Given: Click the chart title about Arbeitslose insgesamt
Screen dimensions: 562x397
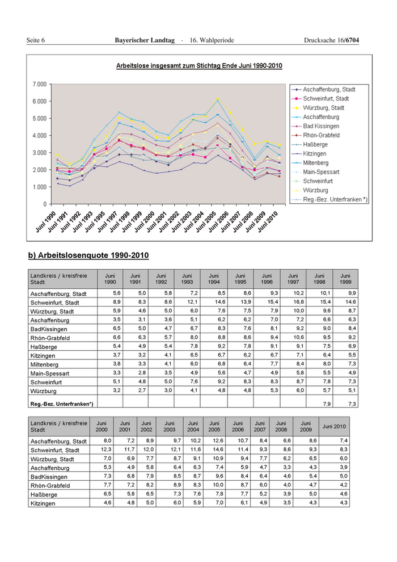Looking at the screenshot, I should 199,66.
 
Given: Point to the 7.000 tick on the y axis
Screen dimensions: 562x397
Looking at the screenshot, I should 39,84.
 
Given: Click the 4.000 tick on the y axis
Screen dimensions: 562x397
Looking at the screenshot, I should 39,135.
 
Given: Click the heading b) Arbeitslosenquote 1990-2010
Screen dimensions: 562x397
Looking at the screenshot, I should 88,255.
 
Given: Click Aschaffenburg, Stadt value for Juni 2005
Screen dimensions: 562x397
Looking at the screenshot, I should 216,441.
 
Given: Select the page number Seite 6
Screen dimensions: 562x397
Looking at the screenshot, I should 36,41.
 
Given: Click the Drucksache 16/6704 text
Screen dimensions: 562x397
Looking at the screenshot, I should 331,41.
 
